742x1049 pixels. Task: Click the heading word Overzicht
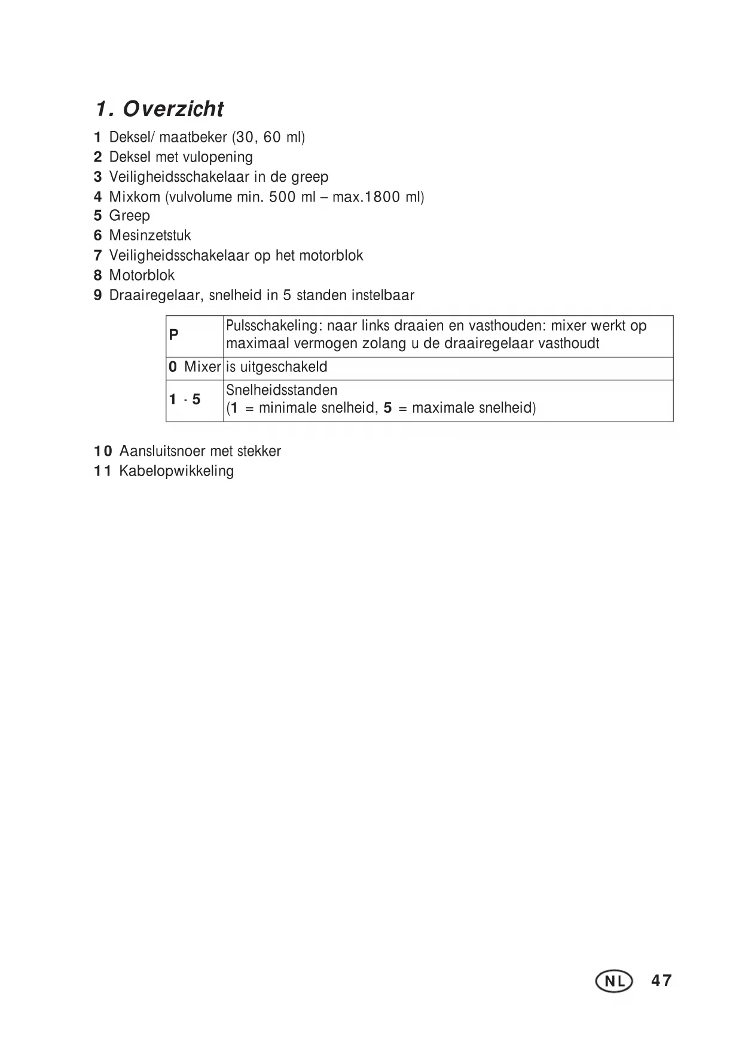pyautogui.click(x=173, y=109)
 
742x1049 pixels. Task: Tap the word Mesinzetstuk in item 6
pyautogui.click(x=150, y=236)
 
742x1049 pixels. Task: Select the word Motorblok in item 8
pyautogui.click(x=142, y=275)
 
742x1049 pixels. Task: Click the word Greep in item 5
pyautogui.click(x=129, y=215)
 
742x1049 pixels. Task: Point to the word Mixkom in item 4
pyautogui.click(x=135, y=196)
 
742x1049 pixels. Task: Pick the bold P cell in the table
pyautogui.click(x=174, y=334)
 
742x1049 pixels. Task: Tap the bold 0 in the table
pyautogui.click(x=173, y=367)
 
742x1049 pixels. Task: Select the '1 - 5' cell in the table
pyautogui.click(x=185, y=400)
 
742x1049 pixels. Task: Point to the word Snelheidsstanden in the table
pyautogui.click(x=282, y=391)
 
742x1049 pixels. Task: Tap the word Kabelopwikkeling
pyautogui.click(x=176, y=471)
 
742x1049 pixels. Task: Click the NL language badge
pyautogui.click(x=613, y=981)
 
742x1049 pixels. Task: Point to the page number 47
pyautogui.click(x=661, y=981)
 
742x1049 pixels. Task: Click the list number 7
pyautogui.click(x=98, y=255)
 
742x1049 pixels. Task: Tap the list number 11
pyautogui.click(x=102, y=471)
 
